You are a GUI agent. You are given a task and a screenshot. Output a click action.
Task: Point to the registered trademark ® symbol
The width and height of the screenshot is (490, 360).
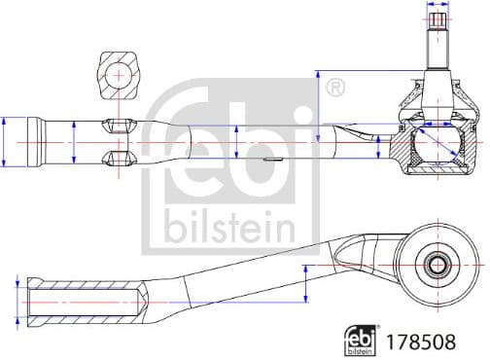coord(335,88)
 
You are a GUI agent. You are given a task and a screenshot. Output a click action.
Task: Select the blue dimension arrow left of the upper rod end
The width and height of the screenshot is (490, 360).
coord(6,143)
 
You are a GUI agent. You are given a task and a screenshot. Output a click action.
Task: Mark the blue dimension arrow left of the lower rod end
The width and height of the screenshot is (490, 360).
coord(17,300)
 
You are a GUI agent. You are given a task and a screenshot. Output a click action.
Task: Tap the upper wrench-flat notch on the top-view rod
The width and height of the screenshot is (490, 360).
coord(117,124)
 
